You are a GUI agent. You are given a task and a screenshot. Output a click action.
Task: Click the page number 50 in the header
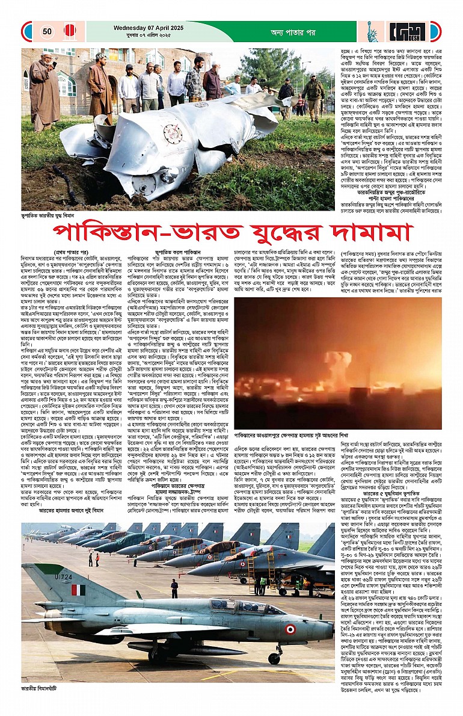(47, 31)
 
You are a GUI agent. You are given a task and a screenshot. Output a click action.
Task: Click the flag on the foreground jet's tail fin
(78, 590)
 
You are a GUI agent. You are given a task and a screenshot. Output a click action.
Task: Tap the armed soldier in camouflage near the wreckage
(313, 96)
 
